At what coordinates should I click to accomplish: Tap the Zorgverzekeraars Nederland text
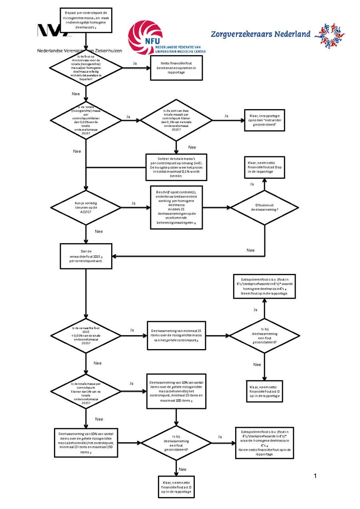[260, 34]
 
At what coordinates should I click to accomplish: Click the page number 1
[315, 475]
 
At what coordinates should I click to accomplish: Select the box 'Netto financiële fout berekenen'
[176, 68]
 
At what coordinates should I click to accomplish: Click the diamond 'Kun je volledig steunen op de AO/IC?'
[86, 208]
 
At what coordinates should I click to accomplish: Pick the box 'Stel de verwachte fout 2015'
[86, 256]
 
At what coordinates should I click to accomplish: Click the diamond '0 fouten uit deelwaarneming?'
[264, 208]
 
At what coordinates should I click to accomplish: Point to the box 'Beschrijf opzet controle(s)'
[176, 208]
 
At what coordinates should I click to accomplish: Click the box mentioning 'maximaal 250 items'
[86, 443]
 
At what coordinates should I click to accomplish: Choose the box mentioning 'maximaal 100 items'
[176, 391]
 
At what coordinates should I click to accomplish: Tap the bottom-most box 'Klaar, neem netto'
[176, 487]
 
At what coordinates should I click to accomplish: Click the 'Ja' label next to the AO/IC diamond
[133, 203]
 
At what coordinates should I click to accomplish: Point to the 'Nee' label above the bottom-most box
[182, 469]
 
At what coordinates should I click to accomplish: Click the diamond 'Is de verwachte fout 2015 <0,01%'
[86, 335]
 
